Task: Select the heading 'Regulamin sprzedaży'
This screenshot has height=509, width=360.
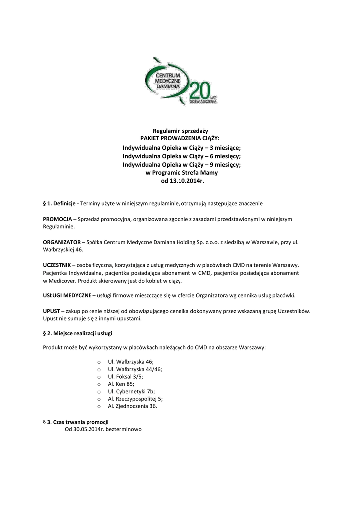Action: coord(180,130)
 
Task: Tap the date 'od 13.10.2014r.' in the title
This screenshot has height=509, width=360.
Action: coord(180,181)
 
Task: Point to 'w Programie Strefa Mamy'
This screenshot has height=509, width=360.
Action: coord(180,173)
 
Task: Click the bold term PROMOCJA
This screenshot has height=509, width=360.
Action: coord(58,219)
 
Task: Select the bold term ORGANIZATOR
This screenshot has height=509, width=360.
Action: coord(61,242)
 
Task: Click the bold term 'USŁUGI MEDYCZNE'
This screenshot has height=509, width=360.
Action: coord(67,295)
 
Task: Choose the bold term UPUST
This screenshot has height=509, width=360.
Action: coord(51,311)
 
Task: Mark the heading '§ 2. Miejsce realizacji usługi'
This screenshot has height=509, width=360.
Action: coord(81,333)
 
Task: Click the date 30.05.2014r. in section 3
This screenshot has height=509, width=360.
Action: coord(88,429)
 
